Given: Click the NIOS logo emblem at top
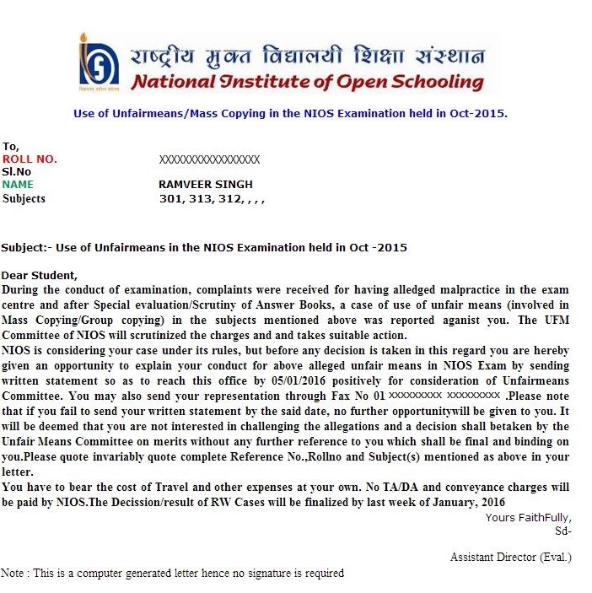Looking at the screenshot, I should [x=100, y=62].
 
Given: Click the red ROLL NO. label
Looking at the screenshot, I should [x=30, y=159].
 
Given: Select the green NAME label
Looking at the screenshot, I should [x=18, y=185].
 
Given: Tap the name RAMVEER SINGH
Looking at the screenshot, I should [x=206, y=185].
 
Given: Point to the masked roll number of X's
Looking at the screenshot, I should [x=208, y=159].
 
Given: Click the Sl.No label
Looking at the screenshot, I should [x=17, y=171].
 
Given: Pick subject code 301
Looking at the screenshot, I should [x=170, y=199].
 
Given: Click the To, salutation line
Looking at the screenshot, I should [x=10, y=146].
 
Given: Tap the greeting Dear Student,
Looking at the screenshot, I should [x=39, y=275].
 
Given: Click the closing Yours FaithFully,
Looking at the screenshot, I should [x=528, y=517].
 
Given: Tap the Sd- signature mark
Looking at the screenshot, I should [x=562, y=531].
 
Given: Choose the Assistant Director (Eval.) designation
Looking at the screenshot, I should [x=510, y=558].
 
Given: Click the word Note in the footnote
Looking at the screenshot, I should [x=13, y=574].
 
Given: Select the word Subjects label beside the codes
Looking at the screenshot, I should [x=24, y=198].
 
